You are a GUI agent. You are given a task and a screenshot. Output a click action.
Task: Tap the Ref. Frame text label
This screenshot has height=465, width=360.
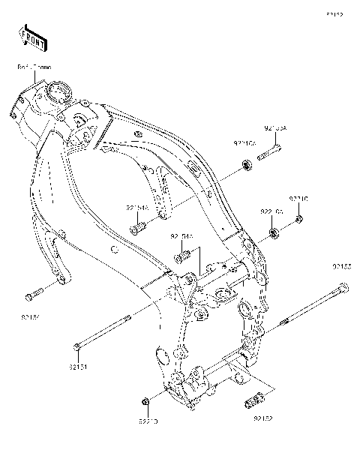(x=33, y=67)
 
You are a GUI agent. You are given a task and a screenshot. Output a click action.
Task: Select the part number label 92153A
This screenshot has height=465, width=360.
(x=275, y=128)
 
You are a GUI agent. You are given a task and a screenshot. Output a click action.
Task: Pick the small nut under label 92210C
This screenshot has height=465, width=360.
(x=298, y=219)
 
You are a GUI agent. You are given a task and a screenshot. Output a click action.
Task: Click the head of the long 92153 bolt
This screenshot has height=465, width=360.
(x=343, y=286)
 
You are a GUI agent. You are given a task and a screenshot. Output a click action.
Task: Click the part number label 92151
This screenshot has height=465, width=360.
(x=79, y=367)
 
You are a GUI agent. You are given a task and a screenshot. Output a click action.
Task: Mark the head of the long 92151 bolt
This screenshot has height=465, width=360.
(x=77, y=346)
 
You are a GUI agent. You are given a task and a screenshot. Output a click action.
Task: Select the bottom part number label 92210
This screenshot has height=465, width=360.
(x=148, y=424)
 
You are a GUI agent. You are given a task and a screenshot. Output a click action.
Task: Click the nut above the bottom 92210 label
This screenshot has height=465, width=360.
(x=148, y=405)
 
